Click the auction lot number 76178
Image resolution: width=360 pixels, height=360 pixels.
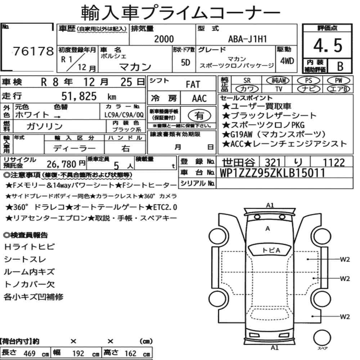point(33,51)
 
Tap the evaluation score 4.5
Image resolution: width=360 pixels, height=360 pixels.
point(328,45)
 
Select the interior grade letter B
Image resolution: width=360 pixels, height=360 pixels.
point(340,66)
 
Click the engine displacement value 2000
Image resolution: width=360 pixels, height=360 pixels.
point(164,39)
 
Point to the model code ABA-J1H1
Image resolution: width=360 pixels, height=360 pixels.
point(247,39)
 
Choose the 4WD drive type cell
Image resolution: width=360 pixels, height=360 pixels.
point(287,61)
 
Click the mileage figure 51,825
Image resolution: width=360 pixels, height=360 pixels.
point(79,96)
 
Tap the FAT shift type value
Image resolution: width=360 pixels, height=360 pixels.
point(193,85)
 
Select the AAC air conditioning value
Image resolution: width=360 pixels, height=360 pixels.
point(199,99)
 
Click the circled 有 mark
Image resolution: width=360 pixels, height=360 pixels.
point(199,116)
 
